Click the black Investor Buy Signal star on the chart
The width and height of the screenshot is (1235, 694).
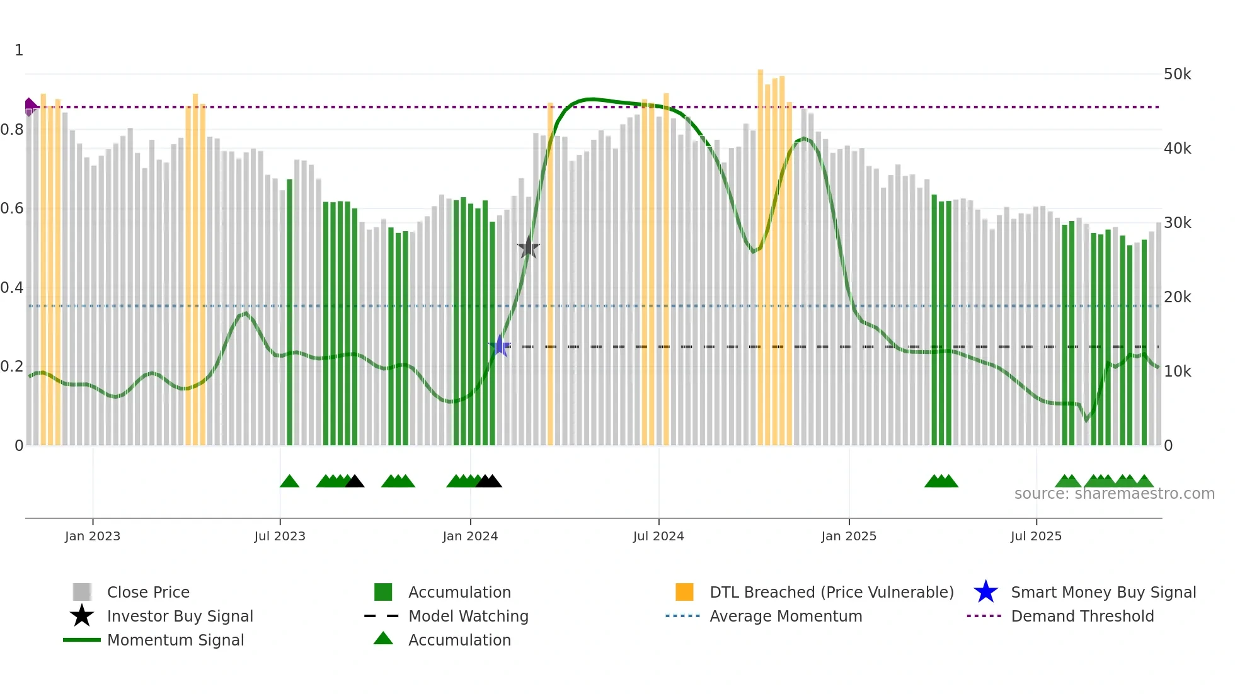528,247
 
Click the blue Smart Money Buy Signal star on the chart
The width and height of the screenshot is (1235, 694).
500,346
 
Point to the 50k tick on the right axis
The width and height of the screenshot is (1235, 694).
1177,74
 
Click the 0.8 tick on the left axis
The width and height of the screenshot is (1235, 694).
13,130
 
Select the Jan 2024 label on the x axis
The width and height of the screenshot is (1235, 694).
470,536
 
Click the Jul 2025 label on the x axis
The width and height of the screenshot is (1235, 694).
1036,536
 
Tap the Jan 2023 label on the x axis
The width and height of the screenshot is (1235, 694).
93,536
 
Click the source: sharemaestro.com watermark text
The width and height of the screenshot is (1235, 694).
1114,494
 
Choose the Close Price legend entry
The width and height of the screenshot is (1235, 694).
148,592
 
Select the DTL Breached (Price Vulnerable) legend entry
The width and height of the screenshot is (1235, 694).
831,592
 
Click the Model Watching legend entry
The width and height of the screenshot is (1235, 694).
468,616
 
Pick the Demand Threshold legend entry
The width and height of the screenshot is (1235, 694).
1082,616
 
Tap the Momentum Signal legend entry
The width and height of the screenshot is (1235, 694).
175,640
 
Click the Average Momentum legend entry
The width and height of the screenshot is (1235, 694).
786,616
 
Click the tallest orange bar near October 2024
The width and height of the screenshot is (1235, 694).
761,252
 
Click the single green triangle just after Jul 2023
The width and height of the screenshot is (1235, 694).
289,482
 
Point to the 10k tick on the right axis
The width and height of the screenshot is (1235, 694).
1177,372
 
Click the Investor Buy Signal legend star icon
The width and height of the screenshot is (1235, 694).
82,616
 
